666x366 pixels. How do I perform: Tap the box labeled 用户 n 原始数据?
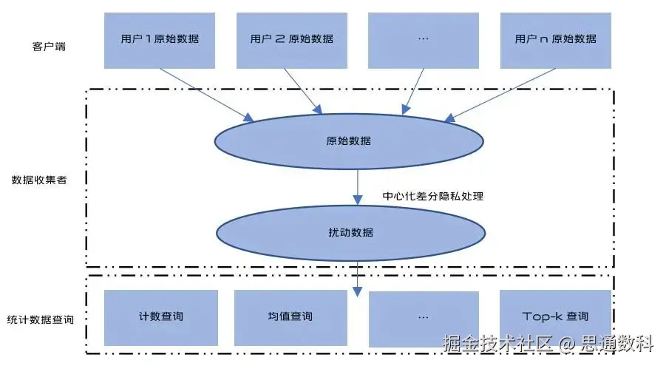point(555,40)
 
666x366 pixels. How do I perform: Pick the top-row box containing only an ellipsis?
point(423,40)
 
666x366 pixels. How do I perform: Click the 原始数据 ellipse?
point(348,140)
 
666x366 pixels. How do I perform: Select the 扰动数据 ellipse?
point(350,232)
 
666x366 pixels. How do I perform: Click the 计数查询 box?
point(160,316)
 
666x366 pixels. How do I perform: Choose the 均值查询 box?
point(290,316)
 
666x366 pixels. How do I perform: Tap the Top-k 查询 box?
point(555,316)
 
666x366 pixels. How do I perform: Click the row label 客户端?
point(47,46)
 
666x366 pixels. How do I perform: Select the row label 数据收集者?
point(39,180)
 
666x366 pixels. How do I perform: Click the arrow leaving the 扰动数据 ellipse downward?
point(358,277)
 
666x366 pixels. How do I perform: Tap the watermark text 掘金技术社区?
point(497,343)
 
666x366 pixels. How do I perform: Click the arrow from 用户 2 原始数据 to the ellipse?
point(304,91)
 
